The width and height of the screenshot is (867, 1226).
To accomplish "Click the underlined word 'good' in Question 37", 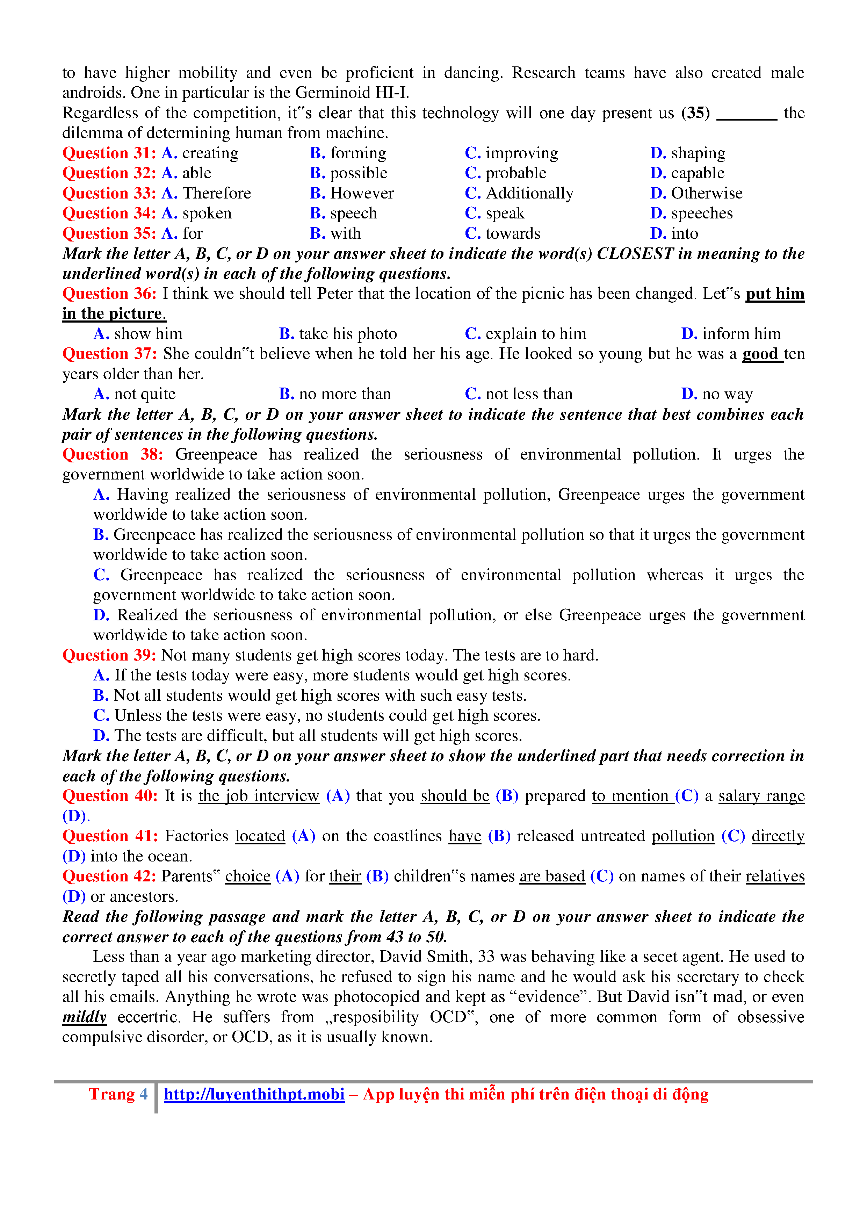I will tap(760, 354).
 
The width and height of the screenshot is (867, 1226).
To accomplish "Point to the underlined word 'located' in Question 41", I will tap(260, 836).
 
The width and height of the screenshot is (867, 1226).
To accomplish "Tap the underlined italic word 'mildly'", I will tap(84, 1017).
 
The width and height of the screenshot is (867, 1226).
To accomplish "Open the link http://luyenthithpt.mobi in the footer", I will tap(254, 1094).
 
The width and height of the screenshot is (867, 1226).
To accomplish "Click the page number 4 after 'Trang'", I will tap(144, 1094).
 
